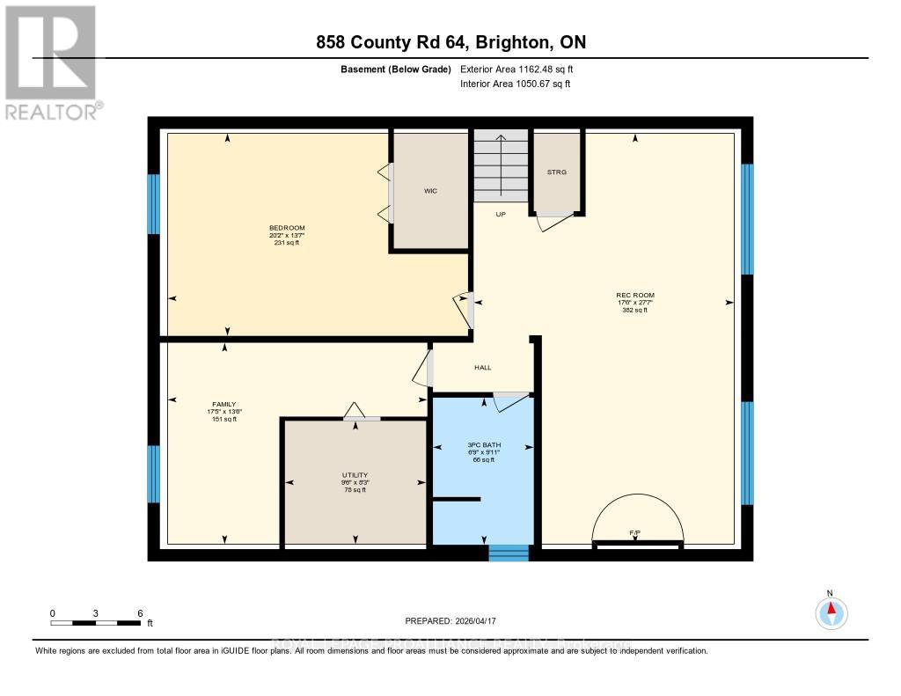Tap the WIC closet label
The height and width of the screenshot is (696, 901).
click(x=430, y=190)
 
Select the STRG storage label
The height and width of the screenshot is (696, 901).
click(x=556, y=172)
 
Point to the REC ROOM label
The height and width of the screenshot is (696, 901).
click(x=634, y=296)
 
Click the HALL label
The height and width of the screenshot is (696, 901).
click(x=482, y=368)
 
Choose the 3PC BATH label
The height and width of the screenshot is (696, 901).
click(x=484, y=445)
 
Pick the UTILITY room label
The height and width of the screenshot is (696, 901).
click(x=355, y=475)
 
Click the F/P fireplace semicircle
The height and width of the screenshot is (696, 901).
click(x=637, y=523)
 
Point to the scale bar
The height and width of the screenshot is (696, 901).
click(x=95, y=623)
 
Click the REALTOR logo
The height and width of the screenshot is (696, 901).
click(x=51, y=62)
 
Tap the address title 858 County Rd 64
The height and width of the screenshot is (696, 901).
click(x=450, y=42)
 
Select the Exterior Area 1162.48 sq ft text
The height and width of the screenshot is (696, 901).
click(x=516, y=69)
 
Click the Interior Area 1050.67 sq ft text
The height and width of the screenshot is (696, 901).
click(x=515, y=84)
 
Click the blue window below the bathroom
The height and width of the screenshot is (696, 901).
click(x=508, y=553)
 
